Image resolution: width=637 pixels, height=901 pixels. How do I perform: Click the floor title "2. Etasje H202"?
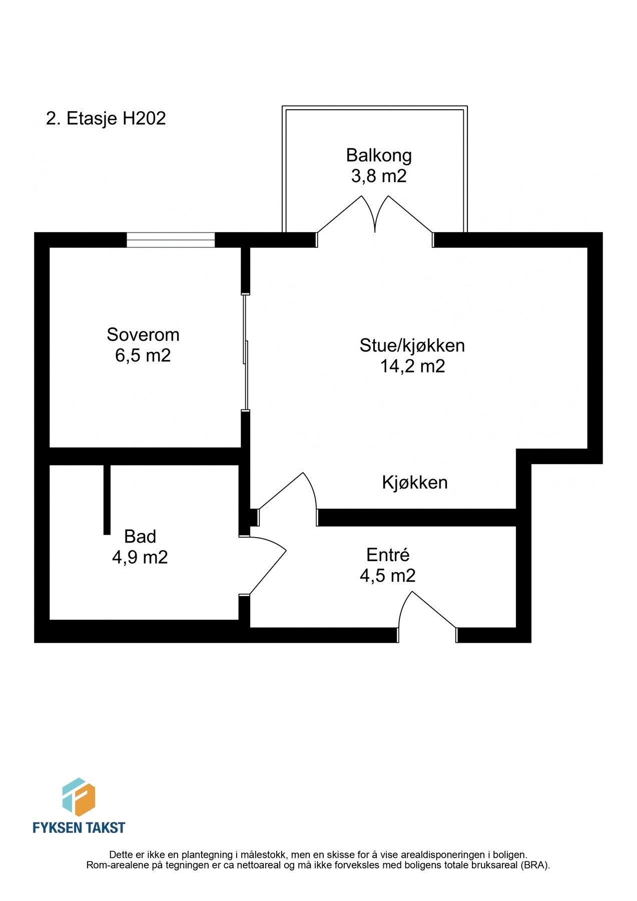pos(106,119)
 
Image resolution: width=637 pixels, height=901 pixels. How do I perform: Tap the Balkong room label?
pos(379,155)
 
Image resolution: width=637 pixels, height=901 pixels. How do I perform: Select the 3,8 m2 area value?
pos(379,176)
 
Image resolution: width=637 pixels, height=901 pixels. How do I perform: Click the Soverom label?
pos(143,334)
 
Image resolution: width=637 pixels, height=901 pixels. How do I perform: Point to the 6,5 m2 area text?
pos(143,355)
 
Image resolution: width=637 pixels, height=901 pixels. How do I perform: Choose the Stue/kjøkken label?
pos(412,345)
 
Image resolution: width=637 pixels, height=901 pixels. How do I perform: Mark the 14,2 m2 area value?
pos(412,366)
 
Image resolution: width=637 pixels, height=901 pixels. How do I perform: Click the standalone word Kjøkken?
pos(415,483)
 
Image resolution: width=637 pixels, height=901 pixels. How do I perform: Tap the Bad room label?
pos(140,537)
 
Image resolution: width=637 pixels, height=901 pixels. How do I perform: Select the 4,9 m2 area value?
pos(140,558)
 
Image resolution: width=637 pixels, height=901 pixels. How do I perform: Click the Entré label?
pos(388,555)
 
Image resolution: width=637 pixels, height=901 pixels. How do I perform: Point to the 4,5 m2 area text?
pos(388,576)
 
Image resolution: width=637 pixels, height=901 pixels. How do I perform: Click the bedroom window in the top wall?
pos(171,240)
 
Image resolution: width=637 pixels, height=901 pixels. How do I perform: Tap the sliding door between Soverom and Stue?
pos(245,352)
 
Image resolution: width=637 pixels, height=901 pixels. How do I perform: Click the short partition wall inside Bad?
pos(107,500)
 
